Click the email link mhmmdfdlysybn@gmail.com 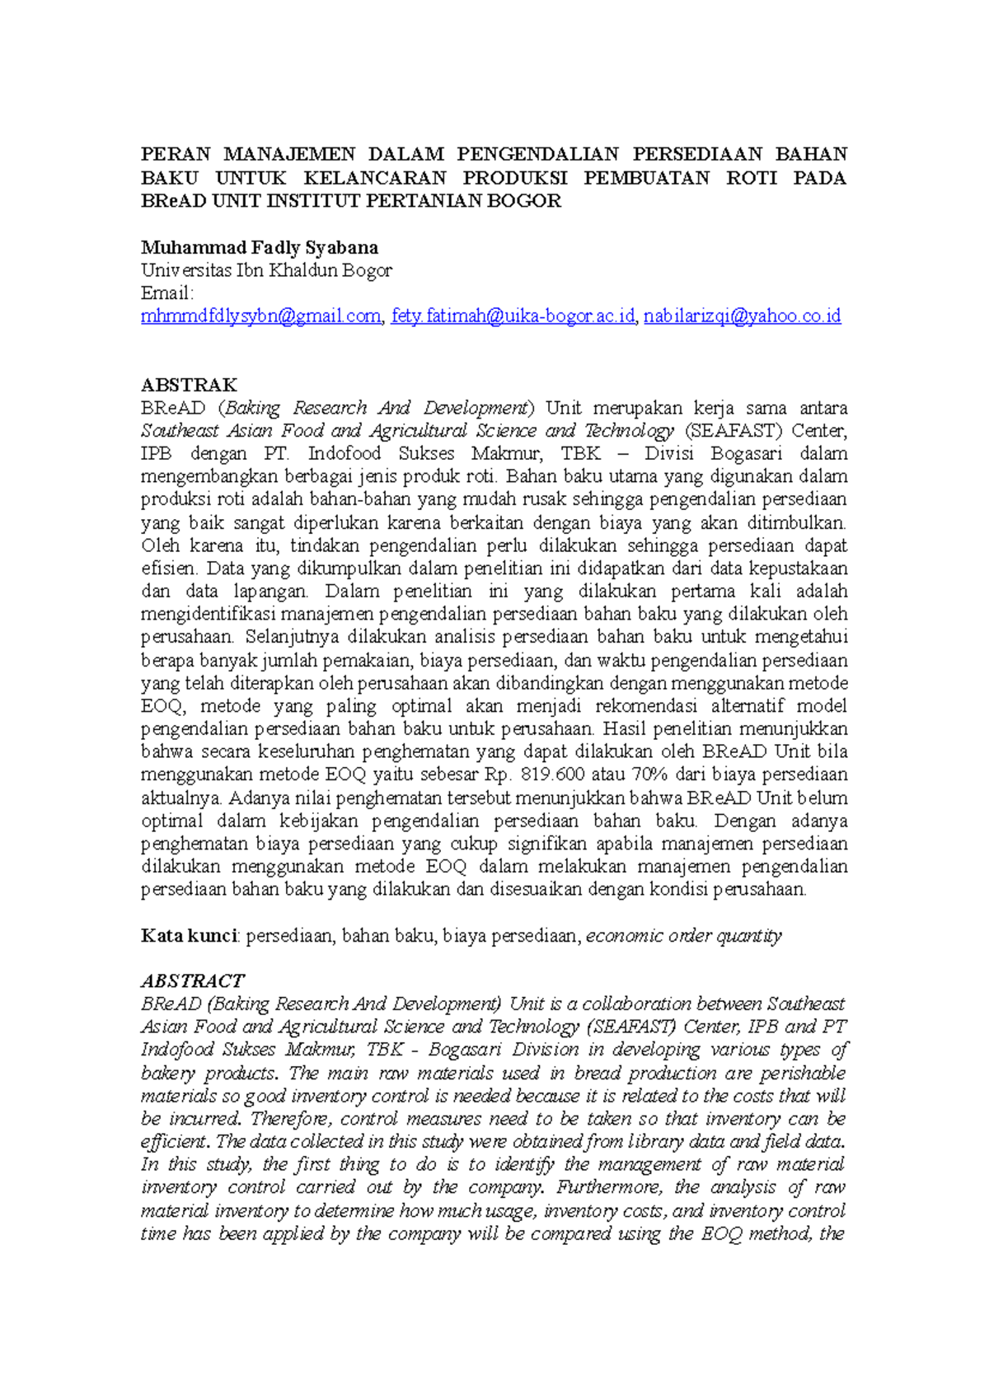pos(260,316)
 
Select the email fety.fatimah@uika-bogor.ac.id pos(513,316)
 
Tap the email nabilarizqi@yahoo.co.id pos(742,316)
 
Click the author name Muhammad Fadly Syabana pos(260,248)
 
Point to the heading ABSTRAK pos(189,386)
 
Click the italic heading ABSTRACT pos(192,981)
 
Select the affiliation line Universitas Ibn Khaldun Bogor pos(266,270)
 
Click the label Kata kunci pos(189,936)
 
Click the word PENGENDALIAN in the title pos(537,155)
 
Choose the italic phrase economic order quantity pos(683,936)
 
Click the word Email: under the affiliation pos(167,293)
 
